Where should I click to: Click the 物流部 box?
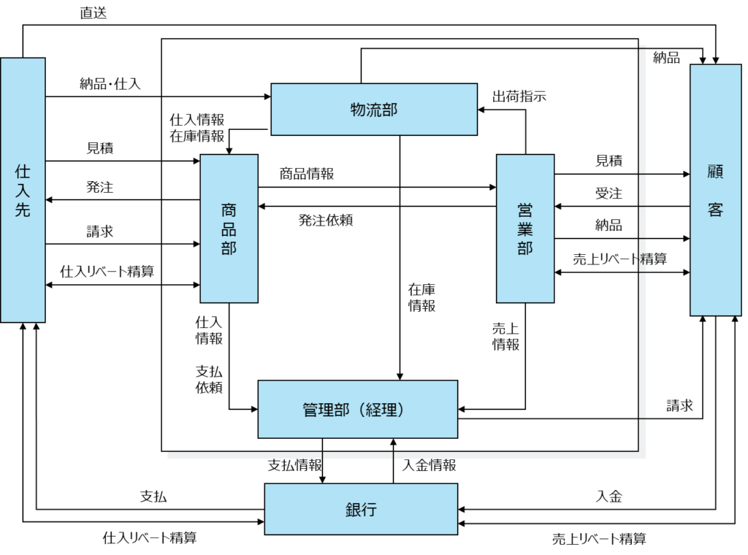pyautogui.click(x=374, y=110)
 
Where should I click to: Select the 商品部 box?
pyautogui.click(x=229, y=229)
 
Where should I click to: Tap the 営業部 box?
pyautogui.click(x=525, y=229)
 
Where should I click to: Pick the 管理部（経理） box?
pyautogui.click(x=358, y=409)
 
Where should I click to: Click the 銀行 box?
pyautogui.click(x=361, y=509)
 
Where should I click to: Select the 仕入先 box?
pyautogui.click(x=23, y=191)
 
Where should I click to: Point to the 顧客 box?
pyautogui.click(x=716, y=191)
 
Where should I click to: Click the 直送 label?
pyautogui.click(x=93, y=13)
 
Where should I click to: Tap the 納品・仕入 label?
pyautogui.click(x=110, y=84)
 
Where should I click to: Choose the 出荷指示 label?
pyautogui.click(x=519, y=96)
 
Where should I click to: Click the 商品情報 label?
pyautogui.click(x=307, y=174)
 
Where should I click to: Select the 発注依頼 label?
pyautogui.click(x=326, y=220)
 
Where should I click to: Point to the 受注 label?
pyautogui.click(x=608, y=193)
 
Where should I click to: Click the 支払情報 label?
pyautogui.click(x=295, y=465)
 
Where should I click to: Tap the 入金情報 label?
pyautogui.click(x=430, y=465)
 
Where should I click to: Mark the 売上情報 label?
pyautogui.click(x=505, y=336)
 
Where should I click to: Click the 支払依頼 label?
pyautogui.click(x=209, y=379)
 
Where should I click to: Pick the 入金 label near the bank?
pyautogui.click(x=609, y=497)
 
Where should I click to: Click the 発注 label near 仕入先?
pyautogui.click(x=99, y=187)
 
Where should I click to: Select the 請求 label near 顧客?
pyautogui.click(x=680, y=406)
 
